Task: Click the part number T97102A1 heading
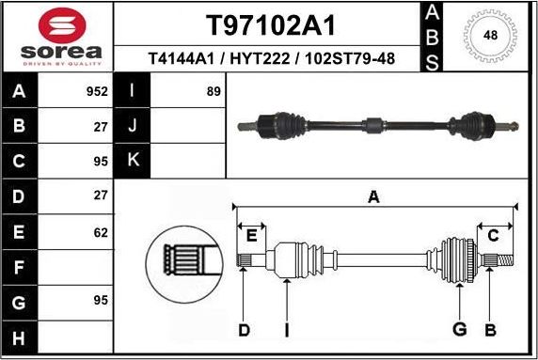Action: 271,24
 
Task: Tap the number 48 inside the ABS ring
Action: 490,36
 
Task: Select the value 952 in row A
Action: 95,93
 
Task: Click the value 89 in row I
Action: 213,93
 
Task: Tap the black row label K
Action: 132,162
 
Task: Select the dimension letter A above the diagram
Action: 373,197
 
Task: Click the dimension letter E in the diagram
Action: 250,235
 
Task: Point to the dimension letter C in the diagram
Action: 492,235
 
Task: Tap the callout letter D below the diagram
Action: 244,329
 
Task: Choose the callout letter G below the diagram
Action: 460,329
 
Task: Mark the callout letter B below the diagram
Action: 490,329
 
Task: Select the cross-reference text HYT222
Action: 272,59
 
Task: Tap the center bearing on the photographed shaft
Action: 374,124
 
